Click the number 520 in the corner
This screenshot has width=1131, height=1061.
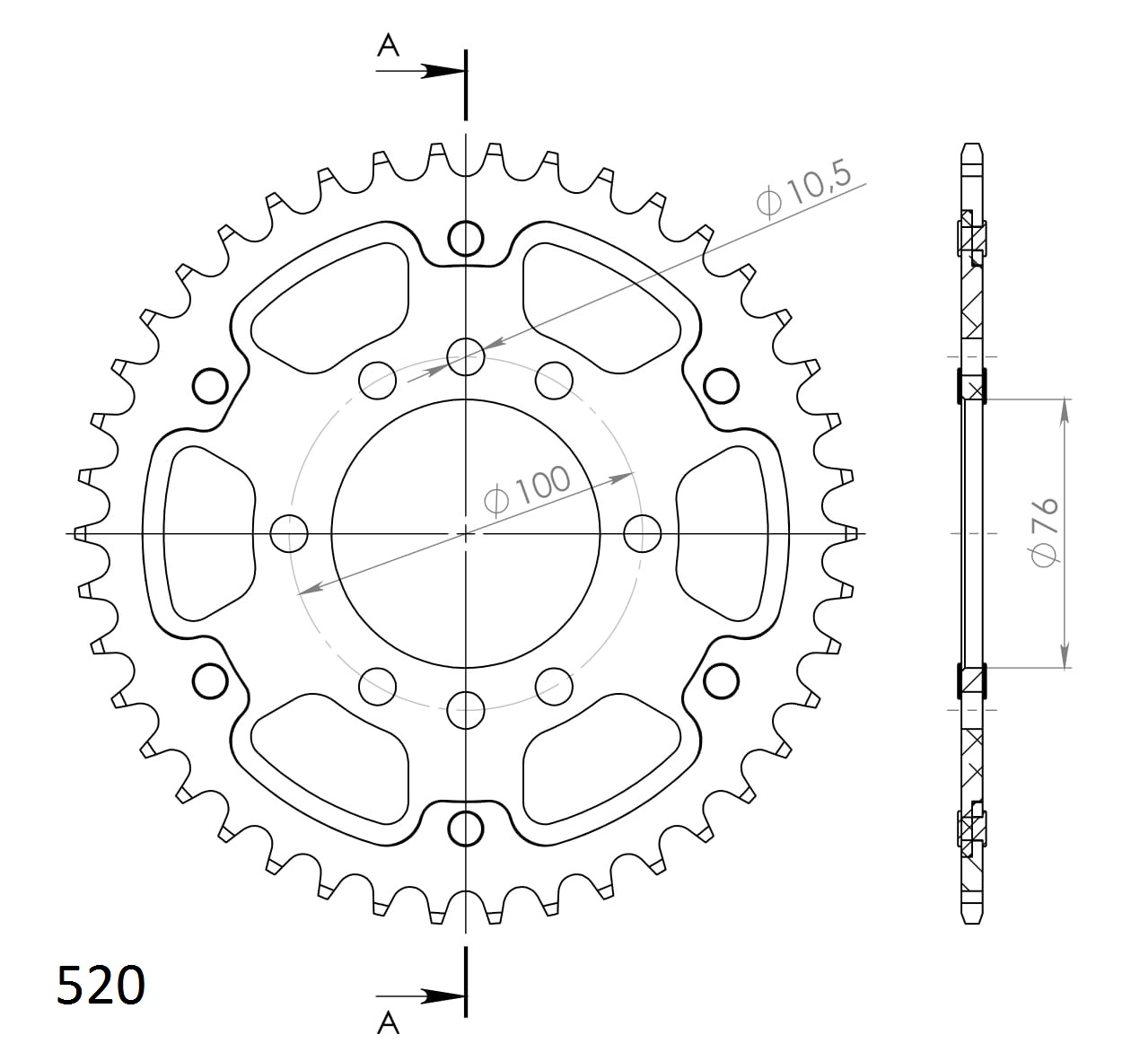tap(100, 986)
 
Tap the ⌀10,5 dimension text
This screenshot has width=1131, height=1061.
tap(803, 190)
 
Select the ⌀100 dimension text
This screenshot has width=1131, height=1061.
tap(527, 489)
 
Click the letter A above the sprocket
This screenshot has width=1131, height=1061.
tap(388, 45)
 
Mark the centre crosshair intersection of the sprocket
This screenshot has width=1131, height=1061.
tap(465, 534)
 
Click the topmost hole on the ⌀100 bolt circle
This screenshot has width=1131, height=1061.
tap(465, 357)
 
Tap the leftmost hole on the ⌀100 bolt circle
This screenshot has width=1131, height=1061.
tap(288, 534)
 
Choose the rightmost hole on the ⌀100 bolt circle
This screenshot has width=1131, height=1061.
tap(642, 534)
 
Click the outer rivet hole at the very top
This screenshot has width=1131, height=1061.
tap(465, 239)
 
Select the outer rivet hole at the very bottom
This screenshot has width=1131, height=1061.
tap(465, 828)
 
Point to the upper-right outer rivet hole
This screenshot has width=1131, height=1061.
tap(720, 387)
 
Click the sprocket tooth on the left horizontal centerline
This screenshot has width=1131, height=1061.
tap(81, 534)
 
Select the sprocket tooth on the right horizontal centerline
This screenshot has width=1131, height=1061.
tap(850, 534)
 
